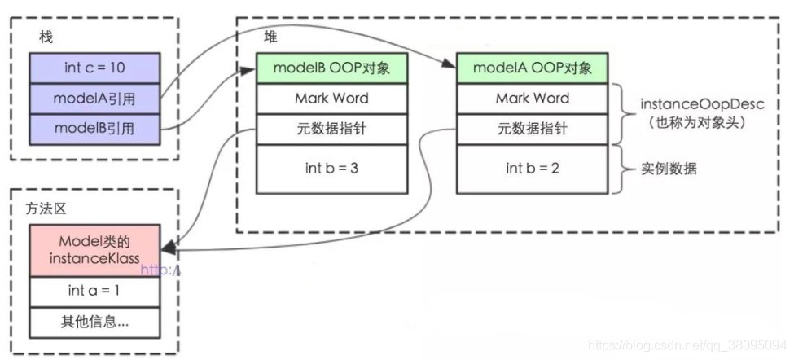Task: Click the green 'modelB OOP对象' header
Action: (331, 68)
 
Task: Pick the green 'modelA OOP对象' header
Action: (532, 68)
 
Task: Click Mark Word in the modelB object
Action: (331, 98)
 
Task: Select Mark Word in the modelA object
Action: (532, 98)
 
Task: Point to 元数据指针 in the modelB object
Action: (331, 129)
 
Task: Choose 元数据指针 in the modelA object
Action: (532, 129)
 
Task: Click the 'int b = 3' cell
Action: (331, 169)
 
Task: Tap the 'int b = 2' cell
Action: (532, 169)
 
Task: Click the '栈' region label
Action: (46, 37)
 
